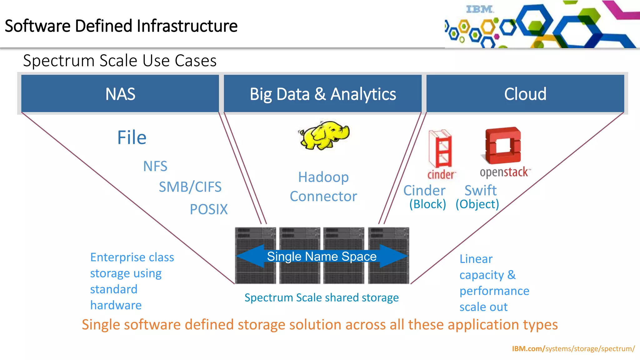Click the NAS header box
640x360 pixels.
coord(120,94)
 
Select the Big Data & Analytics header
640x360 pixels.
coord(322,94)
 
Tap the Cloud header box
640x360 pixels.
coord(525,94)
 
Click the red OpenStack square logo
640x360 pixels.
coord(502,145)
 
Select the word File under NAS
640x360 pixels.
coord(132,137)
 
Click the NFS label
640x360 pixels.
coord(155,166)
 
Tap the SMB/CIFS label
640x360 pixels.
coord(190,187)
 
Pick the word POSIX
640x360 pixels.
coord(209,209)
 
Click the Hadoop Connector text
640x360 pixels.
coord(323,187)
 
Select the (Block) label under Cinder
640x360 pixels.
coord(427,204)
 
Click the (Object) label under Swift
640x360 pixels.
coord(477,204)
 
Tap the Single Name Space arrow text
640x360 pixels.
coord(322,256)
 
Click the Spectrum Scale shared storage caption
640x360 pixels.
coord(322,297)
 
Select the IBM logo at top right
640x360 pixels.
coord(480,9)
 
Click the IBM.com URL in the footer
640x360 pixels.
coord(573,348)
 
